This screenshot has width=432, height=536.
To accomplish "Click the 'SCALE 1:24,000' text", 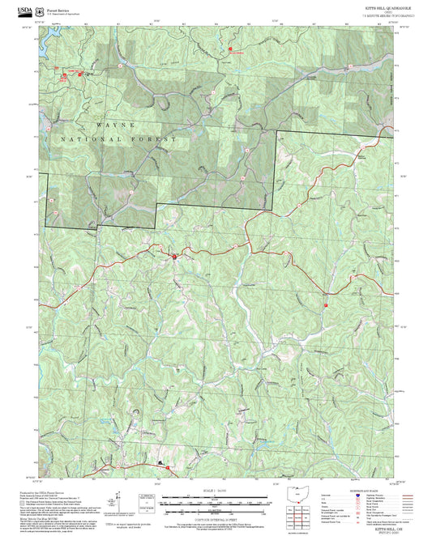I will click(214, 490).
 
